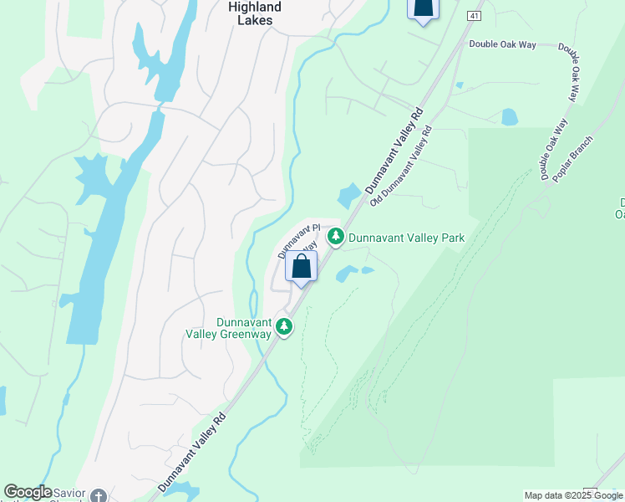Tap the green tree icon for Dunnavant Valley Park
click(x=336, y=238)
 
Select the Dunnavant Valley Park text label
click(x=406, y=238)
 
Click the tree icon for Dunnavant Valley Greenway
click(x=284, y=327)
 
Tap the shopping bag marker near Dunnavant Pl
click(x=302, y=267)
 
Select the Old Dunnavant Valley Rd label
click(x=401, y=167)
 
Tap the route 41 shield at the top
click(x=475, y=16)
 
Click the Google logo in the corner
click(x=28, y=492)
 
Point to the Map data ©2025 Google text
click(x=573, y=495)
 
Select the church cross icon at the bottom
click(x=99, y=495)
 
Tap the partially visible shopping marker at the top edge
click(x=423, y=9)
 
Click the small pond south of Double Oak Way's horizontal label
click(x=509, y=117)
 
